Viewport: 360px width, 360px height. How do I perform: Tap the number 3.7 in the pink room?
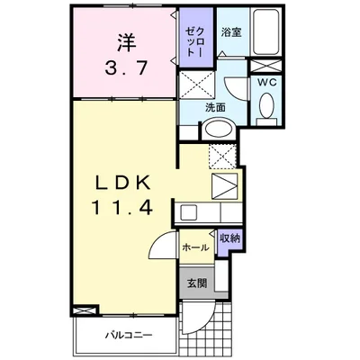pos(125,67)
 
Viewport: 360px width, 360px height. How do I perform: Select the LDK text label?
pos(123,182)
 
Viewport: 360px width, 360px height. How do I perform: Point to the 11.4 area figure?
pos(122,207)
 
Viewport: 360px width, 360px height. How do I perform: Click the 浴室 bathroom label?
pos(231,32)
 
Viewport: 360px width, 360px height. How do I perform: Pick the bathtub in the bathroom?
pos(265,31)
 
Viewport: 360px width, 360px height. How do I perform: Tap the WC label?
pos(267,83)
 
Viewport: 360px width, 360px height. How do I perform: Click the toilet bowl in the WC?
pos(266,105)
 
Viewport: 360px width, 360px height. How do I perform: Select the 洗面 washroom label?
pos(215,107)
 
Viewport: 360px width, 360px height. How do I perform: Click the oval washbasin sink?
pos(218,130)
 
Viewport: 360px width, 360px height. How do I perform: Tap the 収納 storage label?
pos(229,238)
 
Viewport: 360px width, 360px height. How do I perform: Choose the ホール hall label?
pos(195,247)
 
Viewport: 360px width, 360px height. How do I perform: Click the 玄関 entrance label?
pos(197,283)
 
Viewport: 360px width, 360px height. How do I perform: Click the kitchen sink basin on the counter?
pos(188,212)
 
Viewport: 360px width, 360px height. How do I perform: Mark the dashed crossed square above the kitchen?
pos(222,156)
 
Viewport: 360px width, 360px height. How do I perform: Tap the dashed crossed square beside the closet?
pos(197,85)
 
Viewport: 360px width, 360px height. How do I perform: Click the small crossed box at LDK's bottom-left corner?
pos(85,310)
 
